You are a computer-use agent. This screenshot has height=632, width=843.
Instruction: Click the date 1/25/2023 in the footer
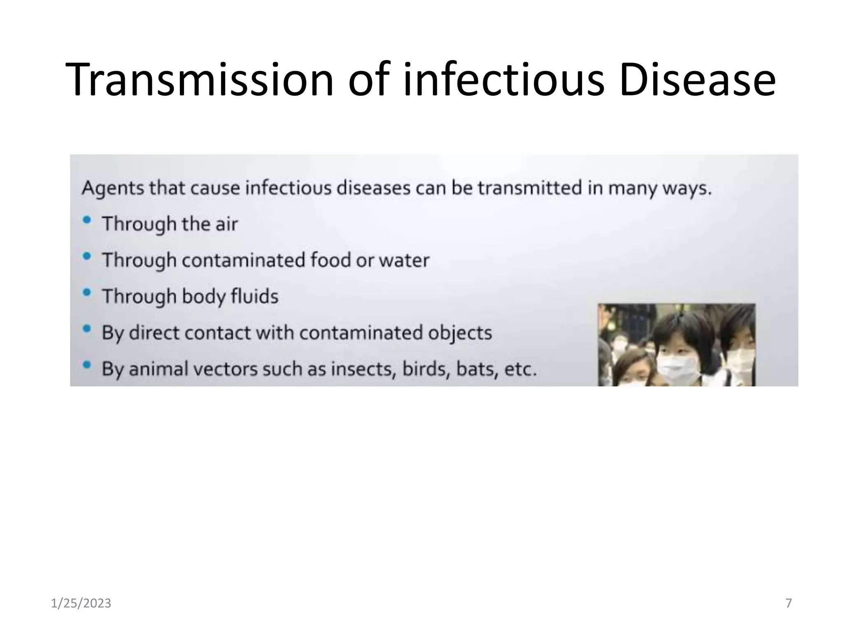[x=81, y=603]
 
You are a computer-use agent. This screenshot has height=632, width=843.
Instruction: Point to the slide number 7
[x=789, y=603]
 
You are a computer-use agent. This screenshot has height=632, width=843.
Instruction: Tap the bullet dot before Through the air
[x=86, y=220]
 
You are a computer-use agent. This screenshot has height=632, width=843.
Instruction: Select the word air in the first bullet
[x=226, y=224]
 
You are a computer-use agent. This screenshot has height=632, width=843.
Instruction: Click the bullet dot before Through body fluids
[x=86, y=293]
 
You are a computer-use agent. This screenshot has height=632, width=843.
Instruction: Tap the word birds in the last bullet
[x=424, y=369]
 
